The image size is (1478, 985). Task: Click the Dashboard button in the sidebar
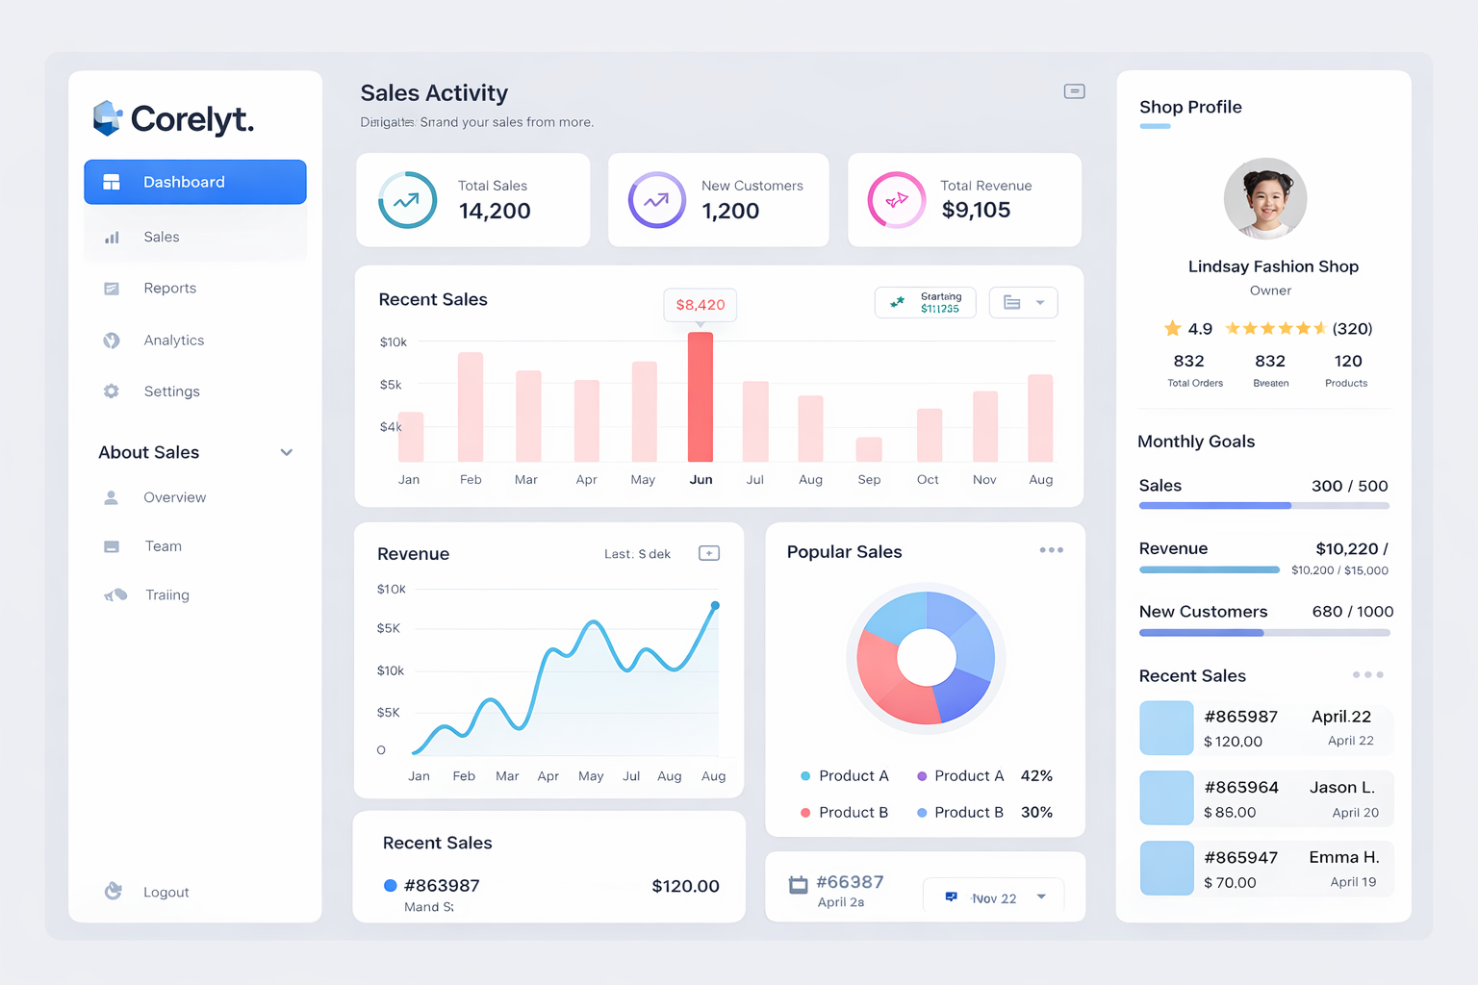195,182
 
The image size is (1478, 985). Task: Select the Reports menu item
169,289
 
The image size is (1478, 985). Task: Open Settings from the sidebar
171,391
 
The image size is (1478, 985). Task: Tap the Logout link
166,893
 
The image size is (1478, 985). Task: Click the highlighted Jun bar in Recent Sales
701,397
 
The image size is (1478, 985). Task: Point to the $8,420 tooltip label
701,305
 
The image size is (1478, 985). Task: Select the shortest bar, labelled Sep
869,449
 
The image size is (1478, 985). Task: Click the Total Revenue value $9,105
976,211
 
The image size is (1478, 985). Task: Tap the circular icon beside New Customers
656,200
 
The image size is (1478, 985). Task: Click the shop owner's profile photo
1265,199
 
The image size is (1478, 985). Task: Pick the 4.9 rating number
1200,329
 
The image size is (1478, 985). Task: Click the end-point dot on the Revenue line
715,606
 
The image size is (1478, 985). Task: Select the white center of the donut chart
927,658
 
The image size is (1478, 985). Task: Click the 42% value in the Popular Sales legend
1036,776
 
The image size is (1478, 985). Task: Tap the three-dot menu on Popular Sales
1051,550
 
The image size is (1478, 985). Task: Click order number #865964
1241,788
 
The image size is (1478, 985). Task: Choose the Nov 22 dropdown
994,897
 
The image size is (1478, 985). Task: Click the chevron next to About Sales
287,452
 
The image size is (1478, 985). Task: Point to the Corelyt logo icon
107,118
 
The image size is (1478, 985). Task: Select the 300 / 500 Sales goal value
1349,487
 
